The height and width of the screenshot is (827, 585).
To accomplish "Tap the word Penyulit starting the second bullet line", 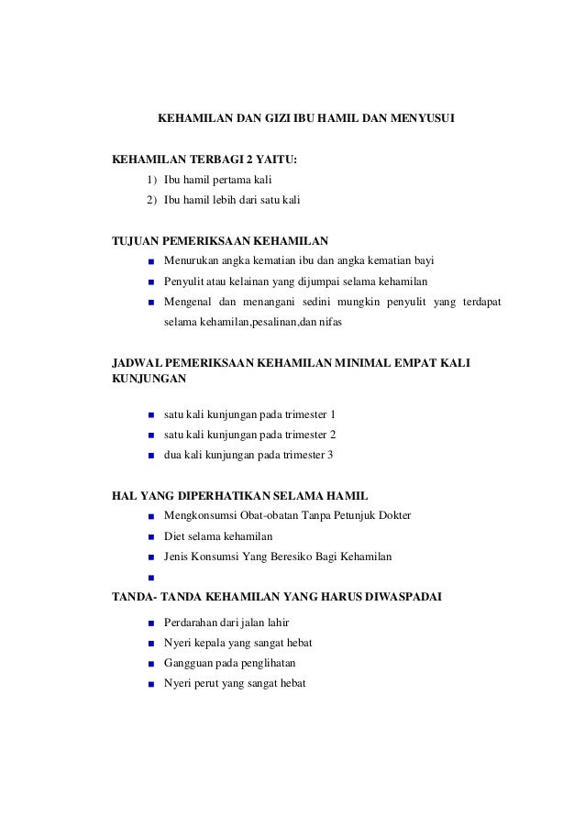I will coord(184,281).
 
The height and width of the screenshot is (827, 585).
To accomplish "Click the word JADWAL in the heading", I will coord(135,364).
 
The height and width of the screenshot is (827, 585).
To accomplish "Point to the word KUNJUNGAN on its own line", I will coord(148,378).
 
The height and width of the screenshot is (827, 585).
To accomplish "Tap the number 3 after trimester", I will coord(331,455).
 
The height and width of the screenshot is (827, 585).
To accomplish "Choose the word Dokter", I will coord(391,515).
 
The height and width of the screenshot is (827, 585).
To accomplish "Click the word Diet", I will coord(174,536).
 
